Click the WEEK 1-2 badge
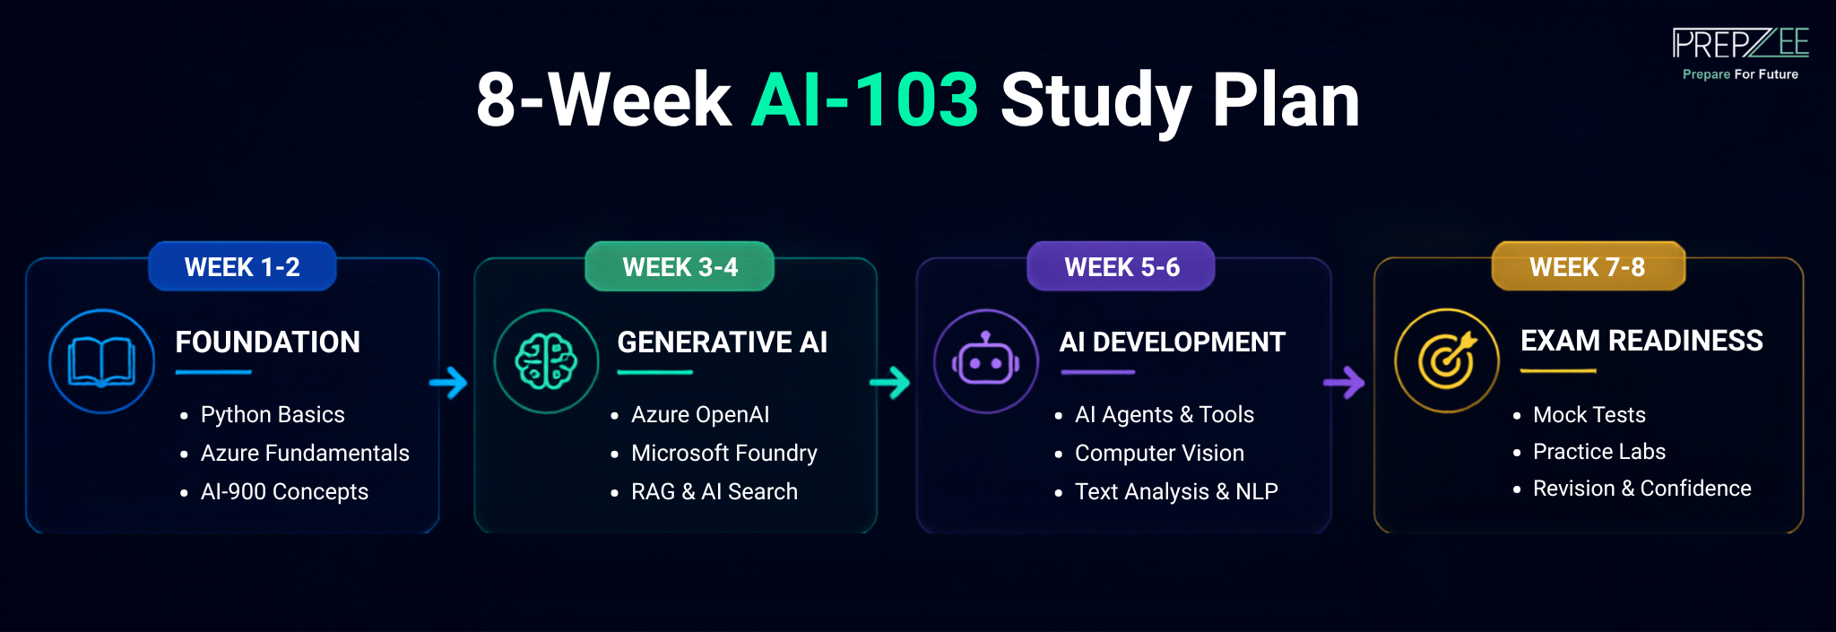(242, 266)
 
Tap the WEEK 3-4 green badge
(680, 266)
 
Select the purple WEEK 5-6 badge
(1121, 266)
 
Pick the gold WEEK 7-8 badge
(1588, 266)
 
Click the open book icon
(101, 361)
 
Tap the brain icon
(546, 361)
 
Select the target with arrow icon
(1447, 360)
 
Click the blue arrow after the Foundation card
(448, 383)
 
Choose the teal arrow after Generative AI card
(890, 383)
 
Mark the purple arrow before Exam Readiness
(1344, 383)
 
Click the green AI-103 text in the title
(865, 100)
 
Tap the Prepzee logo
(1740, 54)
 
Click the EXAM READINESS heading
(1641, 341)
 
